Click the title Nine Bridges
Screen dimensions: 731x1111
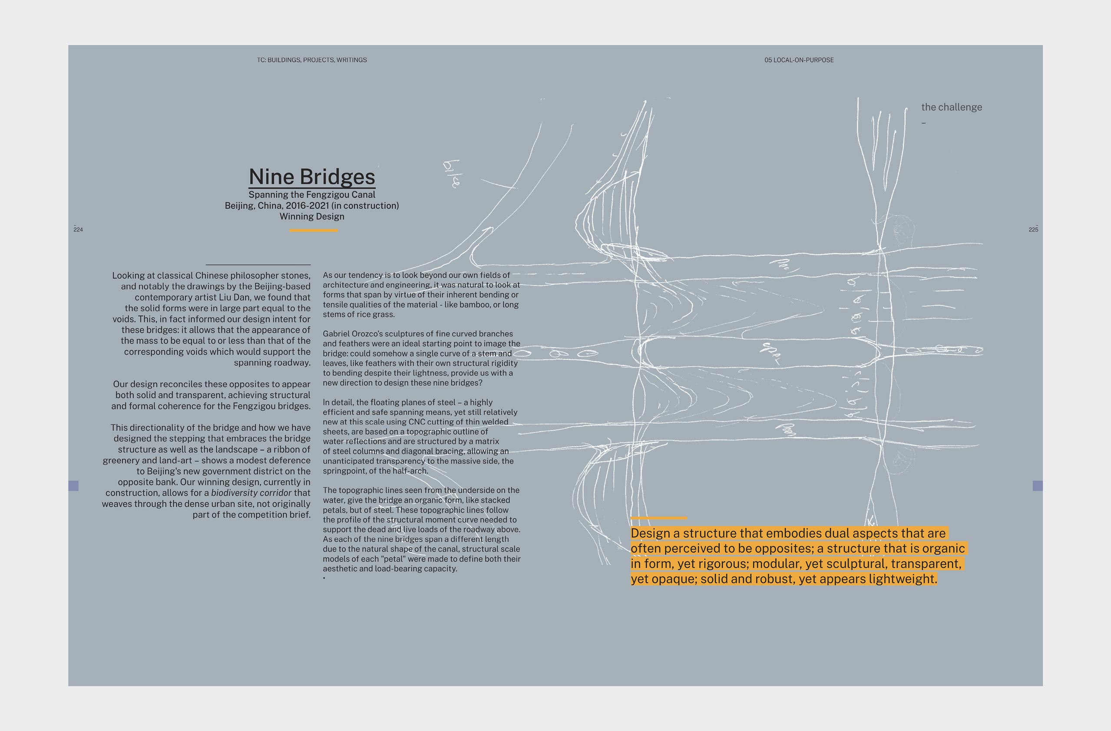click(312, 177)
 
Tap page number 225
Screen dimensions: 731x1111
click(1033, 230)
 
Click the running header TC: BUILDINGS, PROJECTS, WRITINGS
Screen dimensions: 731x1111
click(312, 60)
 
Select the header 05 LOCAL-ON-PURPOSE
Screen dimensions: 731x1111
click(799, 60)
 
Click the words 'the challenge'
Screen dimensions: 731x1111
click(951, 107)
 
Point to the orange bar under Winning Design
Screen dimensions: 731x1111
click(313, 230)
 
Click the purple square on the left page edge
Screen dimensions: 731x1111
click(73, 486)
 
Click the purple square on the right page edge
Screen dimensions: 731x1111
click(1037, 486)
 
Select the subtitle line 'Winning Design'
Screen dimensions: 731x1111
click(312, 217)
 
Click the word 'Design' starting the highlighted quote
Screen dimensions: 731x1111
click(651, 533)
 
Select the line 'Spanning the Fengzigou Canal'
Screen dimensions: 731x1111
click(312, 194)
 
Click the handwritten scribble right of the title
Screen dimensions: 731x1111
click(451, 174)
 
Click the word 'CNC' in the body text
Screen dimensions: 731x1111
click(417, 421)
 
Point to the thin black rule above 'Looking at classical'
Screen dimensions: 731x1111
click(258, 264)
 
